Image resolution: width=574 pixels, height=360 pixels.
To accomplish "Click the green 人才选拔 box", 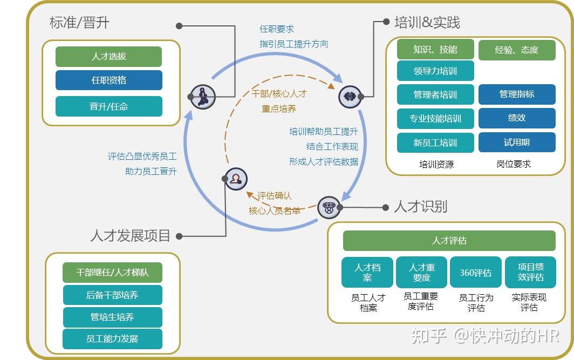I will tap(108, 57).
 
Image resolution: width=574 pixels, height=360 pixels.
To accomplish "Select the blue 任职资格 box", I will tap(108, 80).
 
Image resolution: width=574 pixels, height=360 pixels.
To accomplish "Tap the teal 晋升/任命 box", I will tap(108, 106).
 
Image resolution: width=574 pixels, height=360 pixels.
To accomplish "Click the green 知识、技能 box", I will tap(435, 50).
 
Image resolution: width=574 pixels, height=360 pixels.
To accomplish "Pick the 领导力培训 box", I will tap(435, 71).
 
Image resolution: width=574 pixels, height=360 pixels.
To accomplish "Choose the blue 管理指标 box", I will tap(517, 94).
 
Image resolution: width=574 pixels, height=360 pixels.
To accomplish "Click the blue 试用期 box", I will tap(517, 142).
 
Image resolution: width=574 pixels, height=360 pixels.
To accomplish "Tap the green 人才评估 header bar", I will tap(449, 241).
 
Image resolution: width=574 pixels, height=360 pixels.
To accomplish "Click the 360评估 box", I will tap(476, 273).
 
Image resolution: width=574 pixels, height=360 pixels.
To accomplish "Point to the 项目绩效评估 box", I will tap(530, 272).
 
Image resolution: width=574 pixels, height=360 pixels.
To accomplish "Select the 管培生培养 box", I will tap(112, 317).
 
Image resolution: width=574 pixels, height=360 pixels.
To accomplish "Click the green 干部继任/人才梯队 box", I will tap(112, 273).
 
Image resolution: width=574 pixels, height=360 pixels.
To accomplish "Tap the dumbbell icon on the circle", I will tap(350, 97).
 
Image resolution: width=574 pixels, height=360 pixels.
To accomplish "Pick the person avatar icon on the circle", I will tap(235, 179).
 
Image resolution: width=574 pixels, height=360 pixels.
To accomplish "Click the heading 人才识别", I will tap(420, 207).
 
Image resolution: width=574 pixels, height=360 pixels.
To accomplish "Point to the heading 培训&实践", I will tap(427, 23).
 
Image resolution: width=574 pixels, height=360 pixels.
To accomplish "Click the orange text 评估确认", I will tap(274, 196).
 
